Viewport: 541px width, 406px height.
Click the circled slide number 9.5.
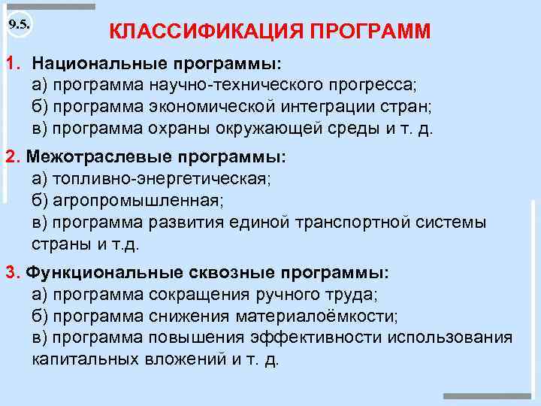[x=19, y=24]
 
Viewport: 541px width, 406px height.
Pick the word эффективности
[x=317, y=337]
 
